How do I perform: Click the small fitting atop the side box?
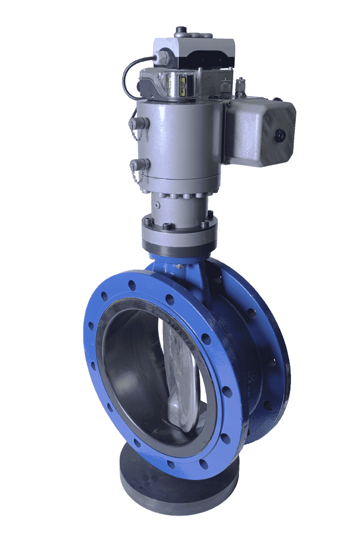point(241,85)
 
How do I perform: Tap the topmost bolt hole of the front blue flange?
point(132,285)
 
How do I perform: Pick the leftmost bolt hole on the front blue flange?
point(91,326)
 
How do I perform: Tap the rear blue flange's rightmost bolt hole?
point(272,362)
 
